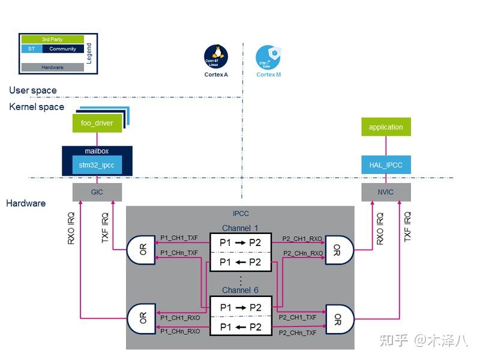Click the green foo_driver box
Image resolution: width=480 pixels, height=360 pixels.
(x=97, y=123)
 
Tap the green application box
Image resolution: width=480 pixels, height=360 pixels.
(x=386, y=127)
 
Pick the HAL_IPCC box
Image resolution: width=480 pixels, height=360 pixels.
(x=386, y=165)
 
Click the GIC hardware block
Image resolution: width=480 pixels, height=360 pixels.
(x=97, y=193)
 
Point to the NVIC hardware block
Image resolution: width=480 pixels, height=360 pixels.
(x=386, y=193)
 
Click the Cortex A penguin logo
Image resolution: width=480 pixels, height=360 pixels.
(x=216, y=56)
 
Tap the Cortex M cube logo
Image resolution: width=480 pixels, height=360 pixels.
(x=268, y=56)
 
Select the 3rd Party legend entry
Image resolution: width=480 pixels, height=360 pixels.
(x=52, y=40)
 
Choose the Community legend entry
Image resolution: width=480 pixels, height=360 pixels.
(x=62, y=49)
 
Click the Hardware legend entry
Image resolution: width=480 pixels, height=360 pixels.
(x=52, y=67)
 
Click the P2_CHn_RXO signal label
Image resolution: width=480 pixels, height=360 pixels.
(x=302, y=253)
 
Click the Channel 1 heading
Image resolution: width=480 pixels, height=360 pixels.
(x=240, y=228)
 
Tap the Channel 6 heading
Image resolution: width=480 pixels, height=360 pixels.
(x=240, y=290)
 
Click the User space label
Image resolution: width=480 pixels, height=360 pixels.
(x=33, y=91)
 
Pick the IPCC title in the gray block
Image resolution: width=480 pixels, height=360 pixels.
(x=240, y=213)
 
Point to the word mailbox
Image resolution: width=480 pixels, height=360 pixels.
(x=97, y=151)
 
